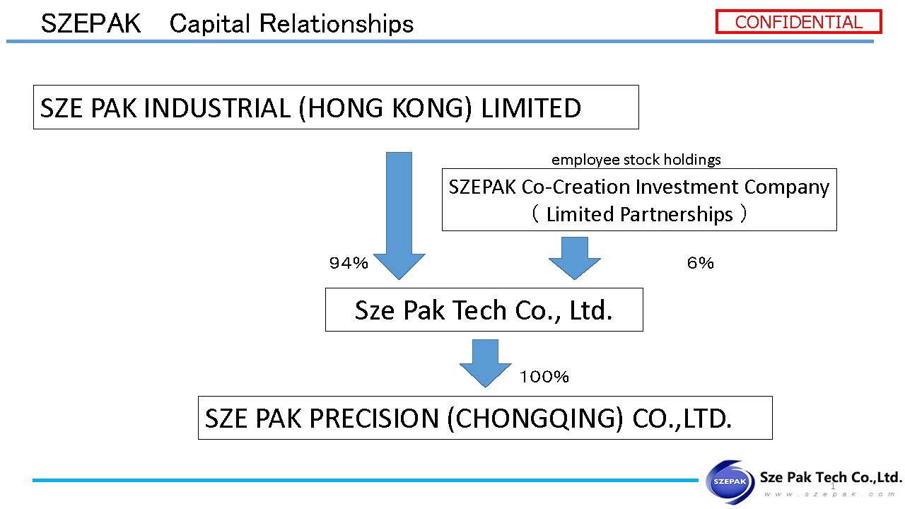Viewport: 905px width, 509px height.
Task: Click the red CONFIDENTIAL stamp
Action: pyautogui.click(x=798, y=22)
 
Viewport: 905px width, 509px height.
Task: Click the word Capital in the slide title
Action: pyautogui.click(x=210, y=24)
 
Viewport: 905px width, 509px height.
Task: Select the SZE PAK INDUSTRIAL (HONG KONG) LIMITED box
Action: pyautogui.click(x=336, y=107)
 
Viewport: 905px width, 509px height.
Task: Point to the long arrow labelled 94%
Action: pyautogui.click(x=398, y=212)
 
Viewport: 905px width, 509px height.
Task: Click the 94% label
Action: pyautogui.click(x=349, y=264)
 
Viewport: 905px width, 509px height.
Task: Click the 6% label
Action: pyautogui.click(x=700, y=264)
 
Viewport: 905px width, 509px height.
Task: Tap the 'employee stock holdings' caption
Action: pyautogui.click(x=636, y=160)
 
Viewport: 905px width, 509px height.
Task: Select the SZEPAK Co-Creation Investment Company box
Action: pyautogui.click(x=638, y=199)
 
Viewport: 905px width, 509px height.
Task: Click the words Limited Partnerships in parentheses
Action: pyautogui.click(x=639, y=213)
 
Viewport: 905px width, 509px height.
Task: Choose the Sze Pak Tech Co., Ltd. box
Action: pyautogui.click(x=484, y=310)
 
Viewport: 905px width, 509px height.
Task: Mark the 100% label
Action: pyautogui.click(x=544, y=377)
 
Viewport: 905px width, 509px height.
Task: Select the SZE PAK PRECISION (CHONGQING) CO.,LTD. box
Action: pyautogui.click(x=484, y=418)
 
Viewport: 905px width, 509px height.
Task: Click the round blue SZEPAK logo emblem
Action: pyautogui.click(x=730, y=482)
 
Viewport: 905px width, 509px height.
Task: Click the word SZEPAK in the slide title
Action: pyautogui.click(x=90, y=24)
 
